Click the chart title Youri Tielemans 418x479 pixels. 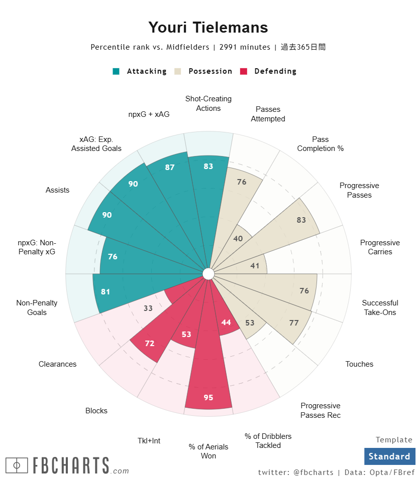(x=208, y=27)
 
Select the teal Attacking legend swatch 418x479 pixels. (x=116, y=71)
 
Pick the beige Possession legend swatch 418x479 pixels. (x=178, y=71)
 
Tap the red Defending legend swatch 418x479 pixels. (x=244, y=71)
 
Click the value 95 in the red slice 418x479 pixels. (x=208, y=398)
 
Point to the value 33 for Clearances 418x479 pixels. (x=148, y=308)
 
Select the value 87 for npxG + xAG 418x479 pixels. (x=170, y=168)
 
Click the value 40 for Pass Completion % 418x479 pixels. (x=238, y=239)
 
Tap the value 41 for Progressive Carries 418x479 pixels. (x=255, y=266)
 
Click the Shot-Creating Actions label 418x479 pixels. (x=208, y=103)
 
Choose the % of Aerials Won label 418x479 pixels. (x=208, y=451)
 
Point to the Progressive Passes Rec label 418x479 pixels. (x=321, y=410)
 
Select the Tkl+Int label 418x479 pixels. (x=149, y=441)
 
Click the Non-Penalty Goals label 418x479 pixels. (x=37, y=307)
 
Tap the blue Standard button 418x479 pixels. (x=389, y=456)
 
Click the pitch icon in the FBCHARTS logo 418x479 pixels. (x=17, y=465)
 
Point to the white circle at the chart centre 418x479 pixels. (x=208, y=273)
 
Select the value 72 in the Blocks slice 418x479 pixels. (x=150, y=344)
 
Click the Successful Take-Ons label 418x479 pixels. (x=380, y=307)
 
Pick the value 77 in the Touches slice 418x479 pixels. (x=294, y=323)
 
